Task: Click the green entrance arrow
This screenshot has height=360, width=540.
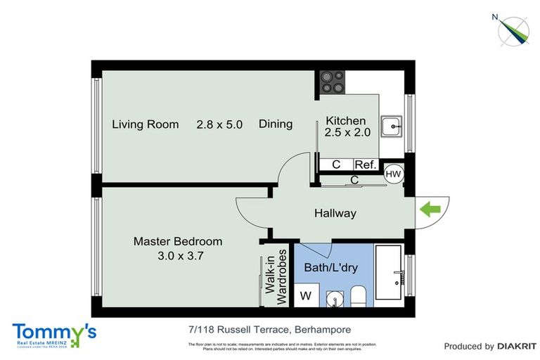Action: point(430,209)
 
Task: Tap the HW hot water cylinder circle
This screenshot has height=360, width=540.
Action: point(393,174)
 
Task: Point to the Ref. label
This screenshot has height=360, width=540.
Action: point(364,165)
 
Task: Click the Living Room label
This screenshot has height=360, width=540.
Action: point(146,124)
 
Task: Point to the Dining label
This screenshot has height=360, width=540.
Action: point(276,124)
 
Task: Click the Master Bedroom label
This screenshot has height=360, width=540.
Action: point(178,241)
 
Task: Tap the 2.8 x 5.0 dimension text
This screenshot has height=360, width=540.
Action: point(219,124)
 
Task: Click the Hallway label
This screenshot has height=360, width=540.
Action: point(335,213)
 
